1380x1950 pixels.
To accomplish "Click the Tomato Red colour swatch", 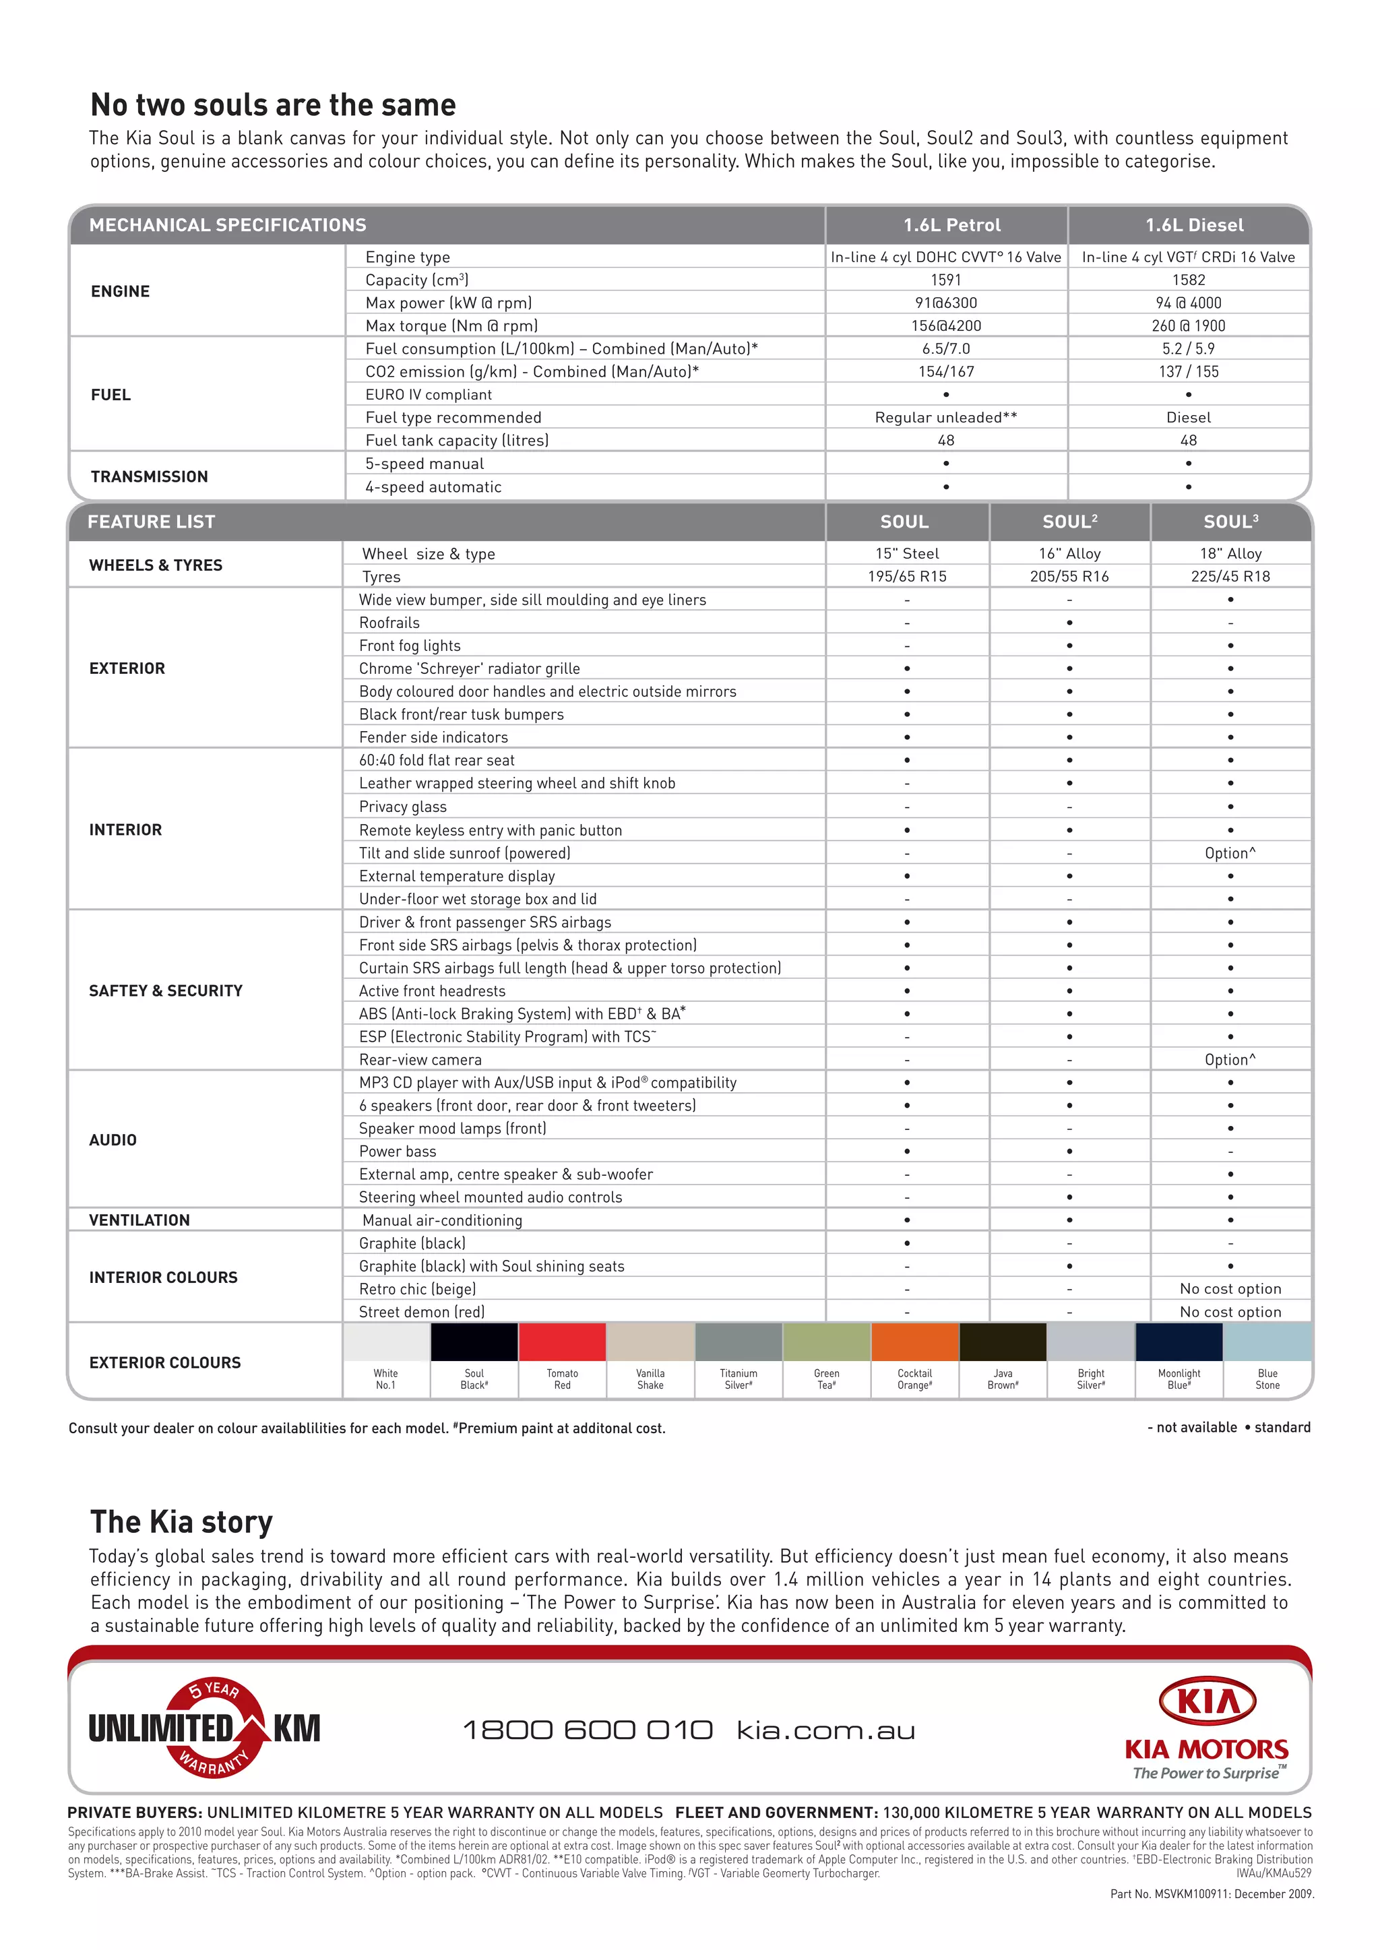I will coord(562,1342).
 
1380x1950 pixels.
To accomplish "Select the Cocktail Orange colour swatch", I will coord(914,1342).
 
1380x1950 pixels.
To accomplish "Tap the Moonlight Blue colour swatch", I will coord(1179,1342).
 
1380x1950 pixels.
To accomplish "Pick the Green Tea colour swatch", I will coord(826,1342).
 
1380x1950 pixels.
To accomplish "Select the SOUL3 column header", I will coord(1230,522).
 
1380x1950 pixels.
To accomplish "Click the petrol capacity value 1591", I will coord(946,280).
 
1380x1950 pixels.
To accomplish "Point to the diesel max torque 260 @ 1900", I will coord(1188,325).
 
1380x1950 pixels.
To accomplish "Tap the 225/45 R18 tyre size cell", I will coord(1230,576).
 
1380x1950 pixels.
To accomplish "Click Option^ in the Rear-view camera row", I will coord(1230,1059).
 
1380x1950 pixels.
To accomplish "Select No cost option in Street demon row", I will coord(1230,1312).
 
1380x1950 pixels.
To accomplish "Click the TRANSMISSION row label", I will coord(150,476).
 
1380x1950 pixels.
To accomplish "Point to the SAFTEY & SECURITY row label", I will coord(166,990).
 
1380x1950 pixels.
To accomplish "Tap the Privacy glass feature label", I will coord(403,807).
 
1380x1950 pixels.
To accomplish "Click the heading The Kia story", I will coord(182,1521).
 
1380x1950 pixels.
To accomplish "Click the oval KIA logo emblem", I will coord(1207,1702).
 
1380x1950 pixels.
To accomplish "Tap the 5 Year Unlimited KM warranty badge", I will coord(205,1728).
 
